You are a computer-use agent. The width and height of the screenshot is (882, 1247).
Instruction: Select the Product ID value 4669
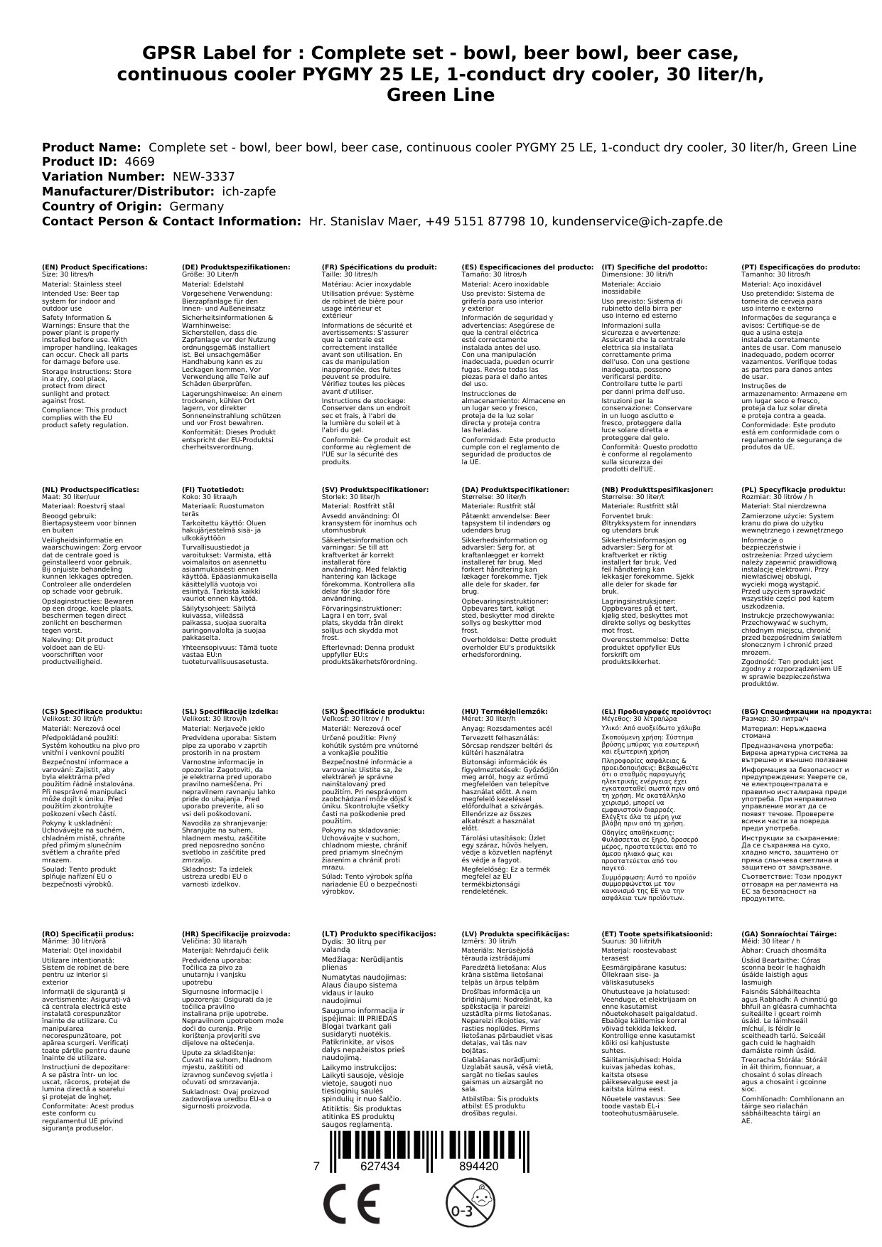point(139,162)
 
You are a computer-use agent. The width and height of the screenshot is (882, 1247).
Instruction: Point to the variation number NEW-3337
point(203,177)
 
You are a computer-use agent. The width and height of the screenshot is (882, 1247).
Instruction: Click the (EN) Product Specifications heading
point(95,267)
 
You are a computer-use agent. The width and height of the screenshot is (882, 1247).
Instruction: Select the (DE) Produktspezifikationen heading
point(236,267)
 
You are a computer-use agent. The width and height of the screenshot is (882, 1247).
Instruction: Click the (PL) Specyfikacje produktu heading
point(793,490)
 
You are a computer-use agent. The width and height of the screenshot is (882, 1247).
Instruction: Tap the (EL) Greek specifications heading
point(656,712)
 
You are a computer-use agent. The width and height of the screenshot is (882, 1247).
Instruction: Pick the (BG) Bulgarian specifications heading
point(806,712)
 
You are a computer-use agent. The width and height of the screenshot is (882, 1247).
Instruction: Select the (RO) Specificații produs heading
point(87,934)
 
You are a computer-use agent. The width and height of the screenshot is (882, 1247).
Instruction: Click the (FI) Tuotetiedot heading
point(213,490)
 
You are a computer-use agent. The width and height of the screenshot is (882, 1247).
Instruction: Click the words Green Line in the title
point(441,95)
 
